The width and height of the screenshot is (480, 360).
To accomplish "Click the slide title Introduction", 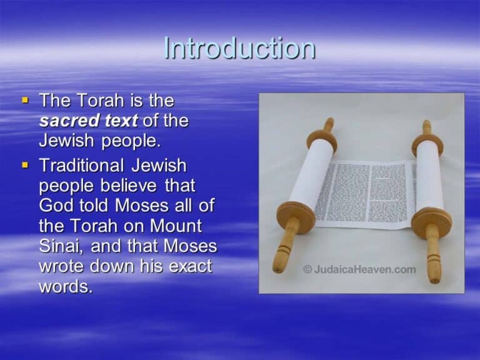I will (x=239, y=49).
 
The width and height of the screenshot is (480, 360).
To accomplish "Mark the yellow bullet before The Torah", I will (x=26, y=100).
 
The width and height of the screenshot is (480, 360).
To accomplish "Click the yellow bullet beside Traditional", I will (x=26, y=166).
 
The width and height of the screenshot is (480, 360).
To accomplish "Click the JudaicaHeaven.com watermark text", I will (x=366, y=269).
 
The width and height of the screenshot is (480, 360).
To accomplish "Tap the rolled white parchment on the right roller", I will (x=429, y=175).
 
